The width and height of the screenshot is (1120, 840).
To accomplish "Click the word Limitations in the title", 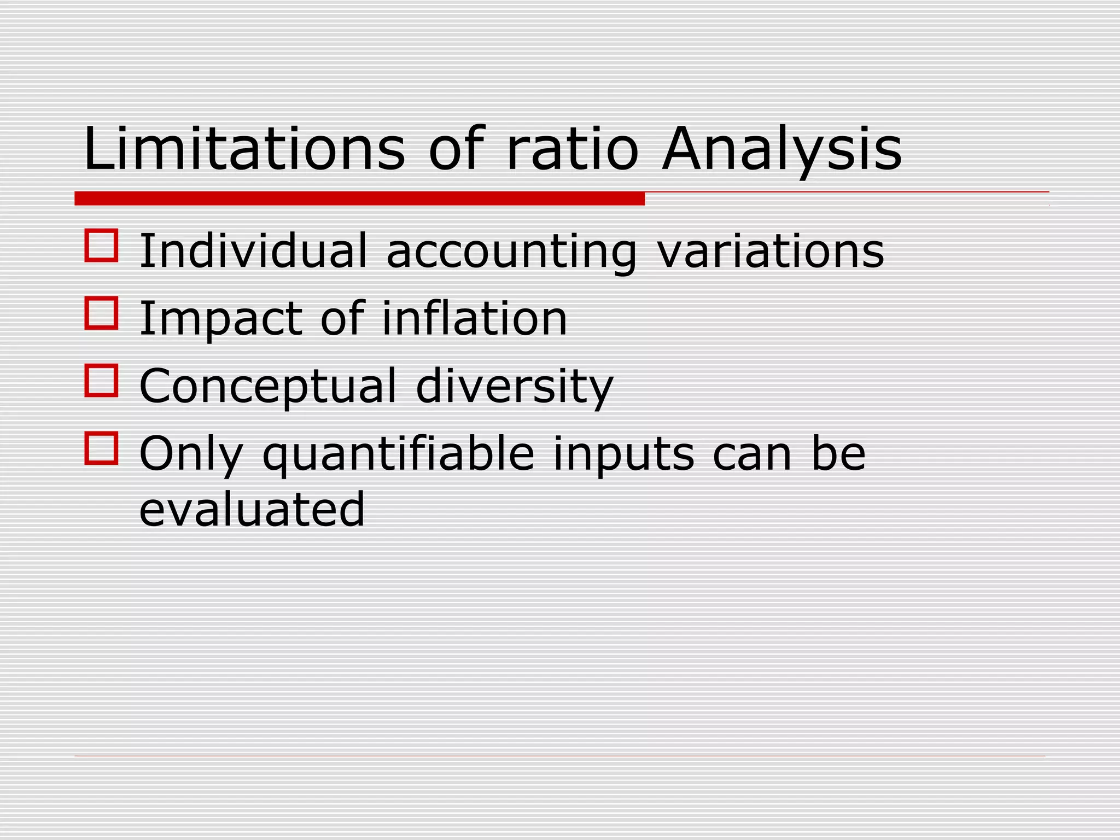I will (244, 149).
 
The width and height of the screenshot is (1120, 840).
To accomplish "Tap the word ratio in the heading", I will (572, 149).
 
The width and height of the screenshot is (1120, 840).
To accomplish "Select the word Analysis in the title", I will (781, 149).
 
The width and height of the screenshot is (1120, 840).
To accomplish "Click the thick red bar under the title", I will (359, 199).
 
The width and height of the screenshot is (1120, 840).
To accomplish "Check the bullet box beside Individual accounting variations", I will (102, 246).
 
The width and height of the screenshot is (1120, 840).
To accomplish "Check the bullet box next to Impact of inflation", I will (102, 313).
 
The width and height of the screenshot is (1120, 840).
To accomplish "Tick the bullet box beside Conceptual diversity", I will (102, 381).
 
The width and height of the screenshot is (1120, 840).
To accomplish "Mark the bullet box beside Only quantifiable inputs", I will (102, 448).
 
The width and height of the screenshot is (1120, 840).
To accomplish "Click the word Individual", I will (253, 251).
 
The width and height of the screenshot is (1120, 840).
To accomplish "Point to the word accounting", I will (511, 252).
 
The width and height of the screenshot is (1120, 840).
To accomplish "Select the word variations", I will (770, 251).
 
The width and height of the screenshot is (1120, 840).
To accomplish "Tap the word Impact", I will (220, 319).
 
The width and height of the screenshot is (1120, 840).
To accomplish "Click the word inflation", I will (474, 318).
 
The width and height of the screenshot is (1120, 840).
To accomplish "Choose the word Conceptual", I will (267, 386).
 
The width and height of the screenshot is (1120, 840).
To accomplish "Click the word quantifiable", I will (398, 454).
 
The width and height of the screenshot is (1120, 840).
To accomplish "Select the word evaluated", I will (252, 509).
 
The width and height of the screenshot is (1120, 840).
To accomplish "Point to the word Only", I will (190, 454).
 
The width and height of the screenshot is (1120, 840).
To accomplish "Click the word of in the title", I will (456, 149).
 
